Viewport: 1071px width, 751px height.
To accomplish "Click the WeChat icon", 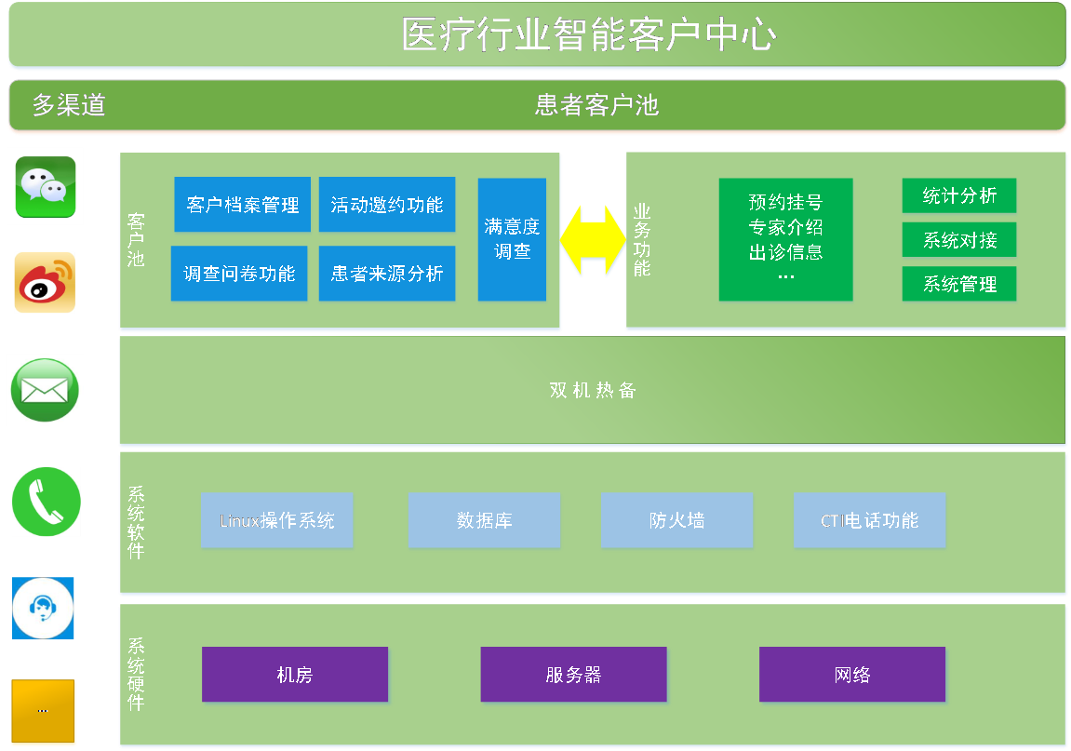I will (x=46, y=185).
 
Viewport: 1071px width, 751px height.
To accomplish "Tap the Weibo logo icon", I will (x=45, y=283).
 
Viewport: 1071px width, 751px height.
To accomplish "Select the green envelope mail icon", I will (x=45, y=390).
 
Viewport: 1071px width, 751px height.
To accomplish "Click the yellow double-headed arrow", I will (x=593, y=241).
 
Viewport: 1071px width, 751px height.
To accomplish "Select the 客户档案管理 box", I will (x=242, y=205).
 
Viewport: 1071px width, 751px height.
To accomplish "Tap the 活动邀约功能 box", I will (x=387, y=205).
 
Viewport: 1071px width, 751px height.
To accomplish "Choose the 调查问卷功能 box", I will (x=239, y=274).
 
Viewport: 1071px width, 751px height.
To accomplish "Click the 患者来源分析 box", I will (x=387, y=274).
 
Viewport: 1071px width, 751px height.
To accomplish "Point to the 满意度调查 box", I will (x=512, y=239).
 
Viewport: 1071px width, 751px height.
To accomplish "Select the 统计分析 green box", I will (x=959, y=195).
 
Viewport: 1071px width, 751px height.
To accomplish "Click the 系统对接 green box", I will (x=959, y=240).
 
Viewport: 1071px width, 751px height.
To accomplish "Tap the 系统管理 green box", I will (x=959, y=284).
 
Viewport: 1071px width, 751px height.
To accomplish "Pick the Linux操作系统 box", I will (x=277, y=520).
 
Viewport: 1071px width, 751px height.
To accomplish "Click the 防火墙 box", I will (x=676, y=520).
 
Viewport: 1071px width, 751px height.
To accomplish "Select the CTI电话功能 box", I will (x=869, y=520).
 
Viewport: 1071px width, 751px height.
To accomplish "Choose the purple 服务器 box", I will (x=573, y=675).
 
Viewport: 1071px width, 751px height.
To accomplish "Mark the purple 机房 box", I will (x=295, y=675).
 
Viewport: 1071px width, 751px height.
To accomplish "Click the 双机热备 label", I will (x=593, y=391).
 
